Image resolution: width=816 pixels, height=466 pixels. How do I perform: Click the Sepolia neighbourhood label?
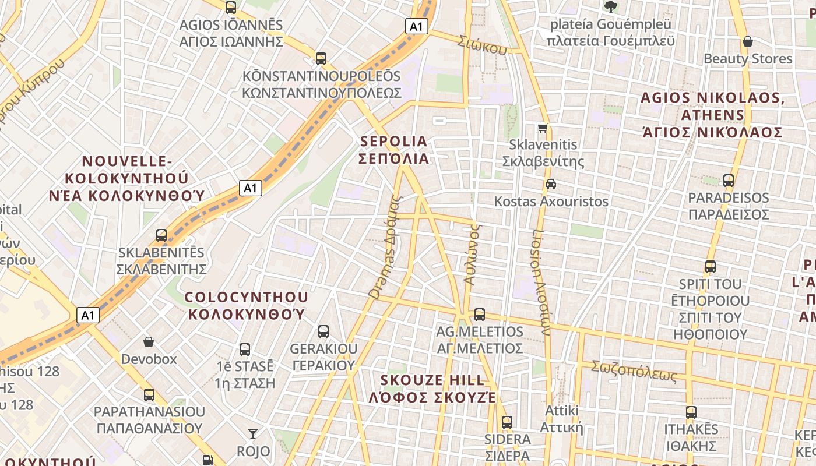[x=395, y=150]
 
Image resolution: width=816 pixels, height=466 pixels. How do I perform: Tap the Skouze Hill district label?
[x=432, y=389]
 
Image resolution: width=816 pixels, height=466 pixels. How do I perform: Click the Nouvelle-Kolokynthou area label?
[x=127, y=178]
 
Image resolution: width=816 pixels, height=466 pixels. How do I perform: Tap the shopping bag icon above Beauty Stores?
[x=748, y=41]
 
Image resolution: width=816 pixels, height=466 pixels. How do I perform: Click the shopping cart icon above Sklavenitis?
[x=543, y=128]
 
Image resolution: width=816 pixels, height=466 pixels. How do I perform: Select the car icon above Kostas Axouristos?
[x=550, y=185]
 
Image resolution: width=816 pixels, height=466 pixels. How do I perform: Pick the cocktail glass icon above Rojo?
[x=253, y=434]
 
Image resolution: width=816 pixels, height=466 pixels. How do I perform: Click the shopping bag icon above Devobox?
[x=149, y=342]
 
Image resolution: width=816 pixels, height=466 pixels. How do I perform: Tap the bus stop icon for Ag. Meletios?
[x=480, y=315]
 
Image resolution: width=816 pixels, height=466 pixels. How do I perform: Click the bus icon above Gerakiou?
[x=323, y=331]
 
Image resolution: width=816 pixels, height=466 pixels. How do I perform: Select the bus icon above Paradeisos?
[x=729, y=181]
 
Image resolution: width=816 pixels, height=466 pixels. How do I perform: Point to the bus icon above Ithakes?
[x=691, y=412]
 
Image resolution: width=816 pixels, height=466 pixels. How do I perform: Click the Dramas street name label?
[x=386, y=248]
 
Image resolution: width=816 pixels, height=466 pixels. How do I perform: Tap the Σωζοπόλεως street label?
[x=634, y=371]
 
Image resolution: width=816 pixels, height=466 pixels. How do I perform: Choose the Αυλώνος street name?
[x=473, y=255]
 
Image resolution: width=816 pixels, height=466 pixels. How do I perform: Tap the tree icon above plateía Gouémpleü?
[x=611, y=7]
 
